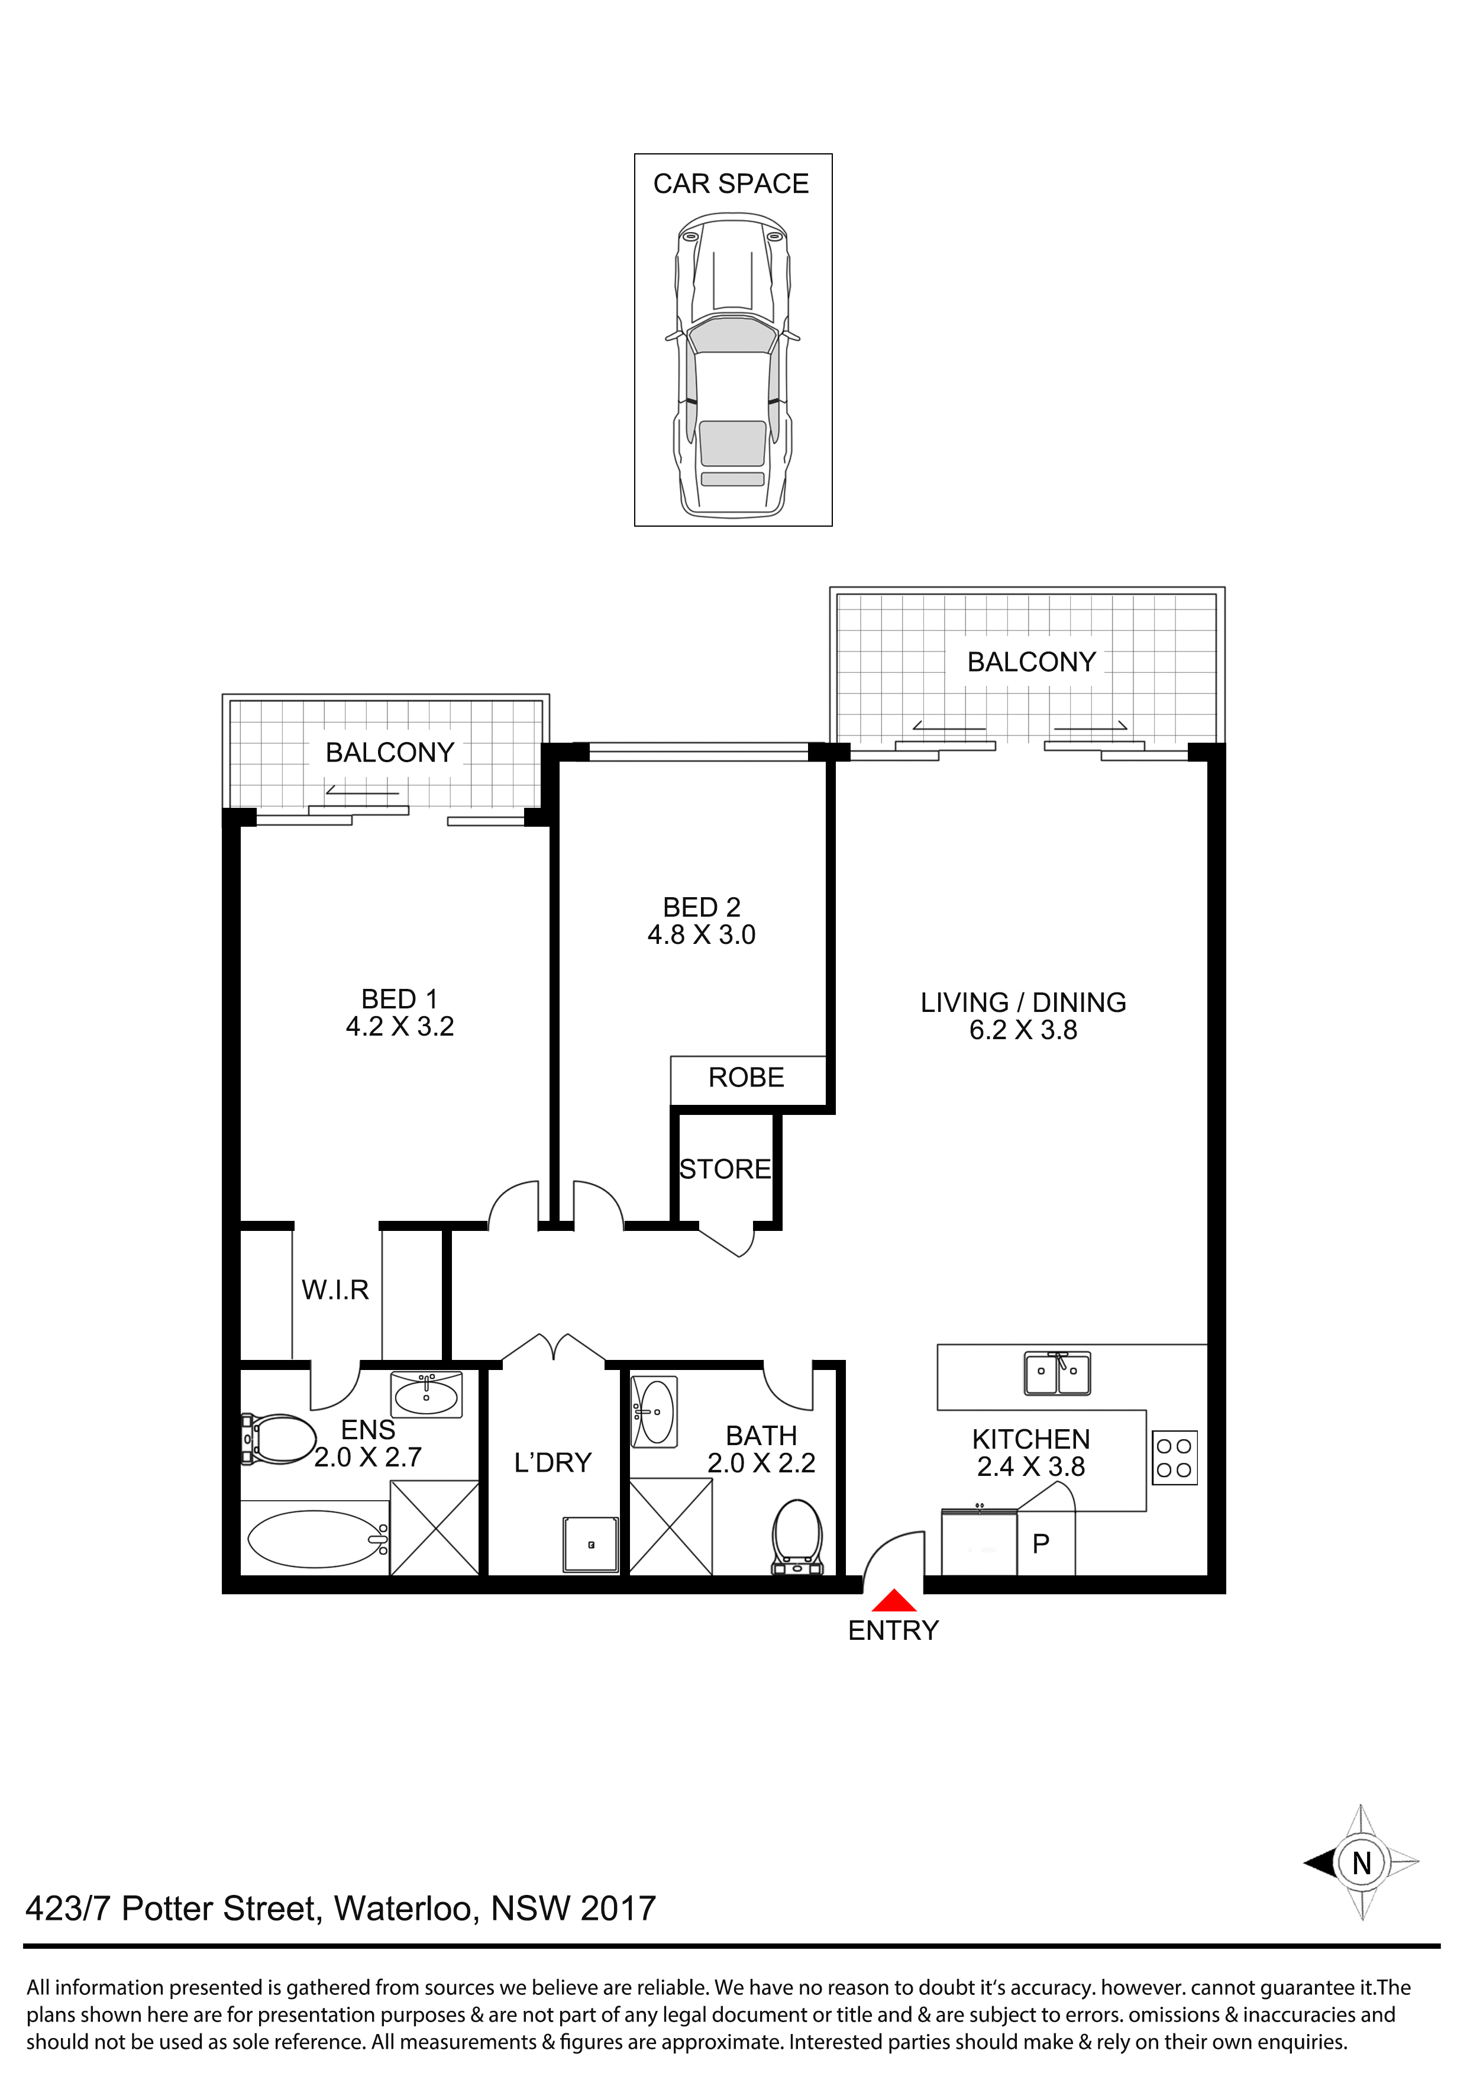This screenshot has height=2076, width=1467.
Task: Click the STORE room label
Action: [725, 1169]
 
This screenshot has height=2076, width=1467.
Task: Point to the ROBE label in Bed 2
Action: [746, 1077]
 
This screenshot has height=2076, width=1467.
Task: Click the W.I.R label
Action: [335, 1290]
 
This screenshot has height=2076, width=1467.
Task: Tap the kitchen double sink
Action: [1056, 1374]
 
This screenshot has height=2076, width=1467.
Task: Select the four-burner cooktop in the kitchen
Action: [1174, 1458]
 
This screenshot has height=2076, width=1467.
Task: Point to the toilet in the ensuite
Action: [279, 1439]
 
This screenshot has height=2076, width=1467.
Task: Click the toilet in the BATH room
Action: [797, 1537]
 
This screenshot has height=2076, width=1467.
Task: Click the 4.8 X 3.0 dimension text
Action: [702, 935]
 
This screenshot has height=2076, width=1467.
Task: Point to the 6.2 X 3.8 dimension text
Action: [1023, 1030]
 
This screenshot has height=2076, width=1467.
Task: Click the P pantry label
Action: [1041, 1543]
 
